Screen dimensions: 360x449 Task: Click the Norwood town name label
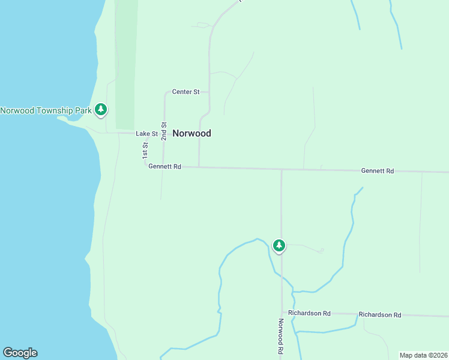[191, 133]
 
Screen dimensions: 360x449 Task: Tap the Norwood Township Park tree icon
[101, 109]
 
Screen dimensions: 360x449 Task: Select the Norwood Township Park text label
[46, 110]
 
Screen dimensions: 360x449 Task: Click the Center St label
[185, 92]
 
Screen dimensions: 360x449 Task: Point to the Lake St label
[146, 134]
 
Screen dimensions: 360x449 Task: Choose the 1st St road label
[145, 150]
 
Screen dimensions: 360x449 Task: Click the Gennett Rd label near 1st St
[164, 166]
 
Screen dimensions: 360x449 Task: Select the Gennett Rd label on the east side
[377, 171]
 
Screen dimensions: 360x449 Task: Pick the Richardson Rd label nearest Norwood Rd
[309, 313]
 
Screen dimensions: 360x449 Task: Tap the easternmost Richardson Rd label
[379, 314]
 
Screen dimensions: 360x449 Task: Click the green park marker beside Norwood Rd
[279, 245]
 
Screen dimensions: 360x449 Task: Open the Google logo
[20, 353]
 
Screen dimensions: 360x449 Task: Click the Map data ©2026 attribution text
[423, 355]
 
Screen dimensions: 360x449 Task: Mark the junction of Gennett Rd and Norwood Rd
[281, 170]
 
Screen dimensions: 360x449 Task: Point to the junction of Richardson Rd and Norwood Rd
[282, 313]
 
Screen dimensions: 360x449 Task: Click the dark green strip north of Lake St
[125, 66]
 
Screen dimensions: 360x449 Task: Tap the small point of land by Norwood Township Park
[63, 118]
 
